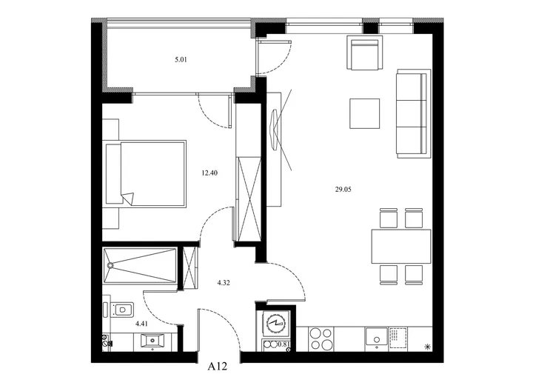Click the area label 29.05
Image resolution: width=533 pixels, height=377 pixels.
pos(343,190)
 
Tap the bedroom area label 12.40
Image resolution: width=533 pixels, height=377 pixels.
pos(209,173)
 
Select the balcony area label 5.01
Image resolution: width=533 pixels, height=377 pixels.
pos(181,60)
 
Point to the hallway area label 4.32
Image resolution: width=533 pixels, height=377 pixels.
pos(224,283)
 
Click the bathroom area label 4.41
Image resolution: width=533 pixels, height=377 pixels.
pos(141,324)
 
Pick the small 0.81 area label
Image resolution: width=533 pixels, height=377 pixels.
pos(284,344)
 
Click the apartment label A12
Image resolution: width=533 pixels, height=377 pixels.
pos(217,367)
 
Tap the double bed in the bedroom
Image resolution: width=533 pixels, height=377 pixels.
pos(146,173)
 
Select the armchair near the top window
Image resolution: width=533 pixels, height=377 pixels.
pos(365,53)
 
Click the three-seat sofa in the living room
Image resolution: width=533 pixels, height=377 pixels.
pos(414,113)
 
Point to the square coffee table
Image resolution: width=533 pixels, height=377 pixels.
pos(365,113)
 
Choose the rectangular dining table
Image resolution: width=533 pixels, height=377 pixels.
pos(401,247)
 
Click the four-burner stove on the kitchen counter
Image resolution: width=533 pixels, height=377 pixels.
pos(321,338)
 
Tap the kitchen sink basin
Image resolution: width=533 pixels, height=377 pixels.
pos(376,338)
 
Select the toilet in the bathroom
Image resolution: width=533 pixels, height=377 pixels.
pos(120,310)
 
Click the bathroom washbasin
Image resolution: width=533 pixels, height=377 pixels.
pos(152,341)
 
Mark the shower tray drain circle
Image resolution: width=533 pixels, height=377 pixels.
pos(110,265)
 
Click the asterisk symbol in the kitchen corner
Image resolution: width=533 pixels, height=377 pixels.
pos(428,347)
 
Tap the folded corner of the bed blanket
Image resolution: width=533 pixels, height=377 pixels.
pos(128,198)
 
